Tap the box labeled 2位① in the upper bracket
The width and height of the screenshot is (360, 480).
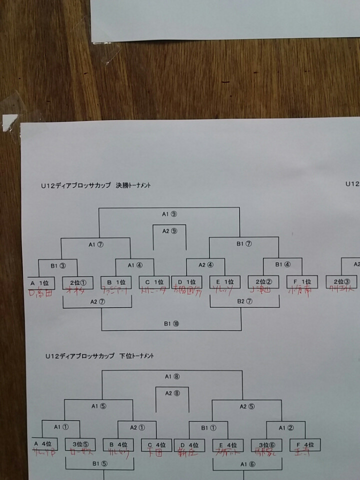[x=78, y=282]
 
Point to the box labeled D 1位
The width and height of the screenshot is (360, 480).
[x=186, y=282]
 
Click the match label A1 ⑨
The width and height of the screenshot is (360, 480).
[x=169, y=214]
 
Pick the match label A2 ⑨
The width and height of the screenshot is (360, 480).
[x=169, y=231]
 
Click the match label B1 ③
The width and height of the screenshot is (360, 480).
[x=58, y=265]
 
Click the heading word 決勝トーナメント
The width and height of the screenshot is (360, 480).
[x=133, y=185]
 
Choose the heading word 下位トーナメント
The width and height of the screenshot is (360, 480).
[x=136, y=356]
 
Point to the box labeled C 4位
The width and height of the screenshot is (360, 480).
[x=156, y=444]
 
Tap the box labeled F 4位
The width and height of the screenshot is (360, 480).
[x=305, y=444]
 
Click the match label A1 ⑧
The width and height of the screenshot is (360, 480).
[x=172, y=376]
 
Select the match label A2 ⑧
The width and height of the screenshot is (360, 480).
[x=172, y=393]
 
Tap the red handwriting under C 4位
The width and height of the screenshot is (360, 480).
[x=156, y=454]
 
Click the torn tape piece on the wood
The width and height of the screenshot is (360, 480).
[x=9, y=122]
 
